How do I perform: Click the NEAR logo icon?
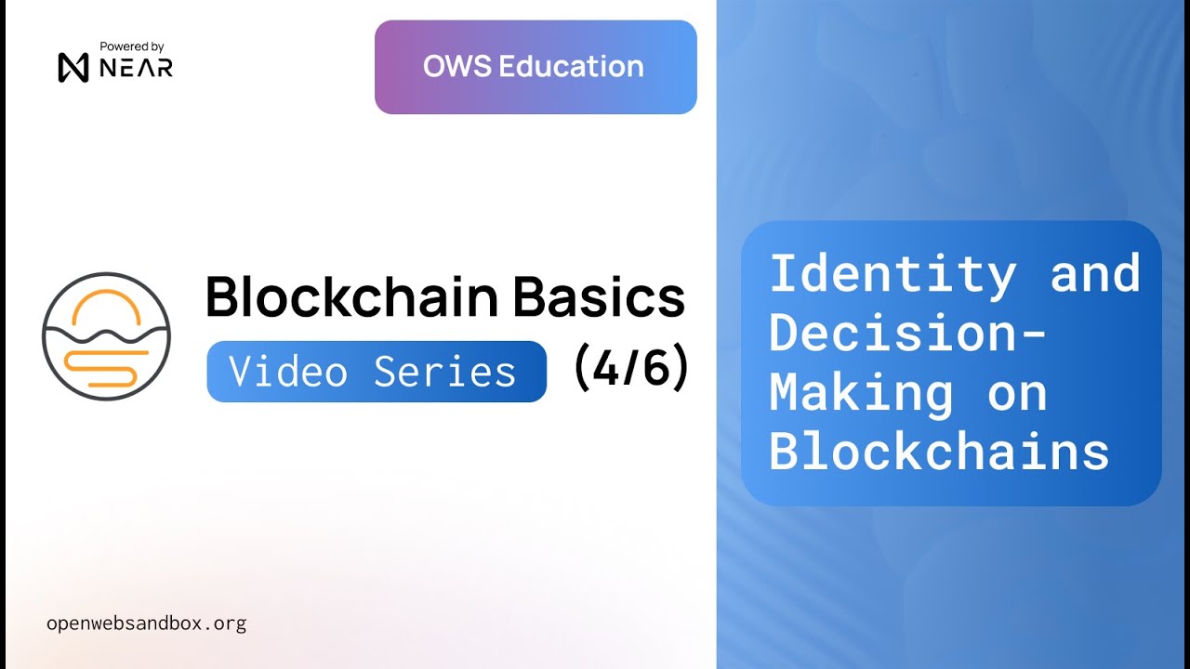73,68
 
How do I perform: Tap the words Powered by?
132,46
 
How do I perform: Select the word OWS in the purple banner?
456,67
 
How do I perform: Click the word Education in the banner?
571,67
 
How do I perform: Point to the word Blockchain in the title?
350,297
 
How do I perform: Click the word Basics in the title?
599,297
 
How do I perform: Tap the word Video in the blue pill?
288,373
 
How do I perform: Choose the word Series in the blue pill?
444,373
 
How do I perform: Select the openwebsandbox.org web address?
146,623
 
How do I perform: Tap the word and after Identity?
1094,274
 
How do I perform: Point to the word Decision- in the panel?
907,333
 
